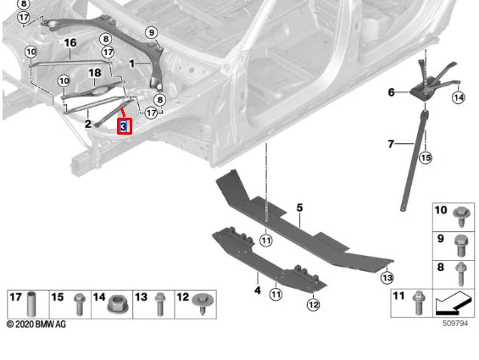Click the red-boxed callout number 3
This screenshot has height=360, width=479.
pos(125,126)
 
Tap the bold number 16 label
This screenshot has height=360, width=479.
pos(70,42)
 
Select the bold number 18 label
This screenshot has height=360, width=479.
pos(95,73)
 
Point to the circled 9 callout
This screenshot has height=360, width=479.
pos(152,32)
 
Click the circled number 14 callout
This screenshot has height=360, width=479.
pos(458,97)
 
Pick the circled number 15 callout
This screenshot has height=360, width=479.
pos(426,158)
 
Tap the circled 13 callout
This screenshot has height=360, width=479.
pos(387,278)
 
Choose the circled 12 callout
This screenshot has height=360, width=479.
pos(314,304)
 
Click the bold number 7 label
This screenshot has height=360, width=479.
pos(391,143)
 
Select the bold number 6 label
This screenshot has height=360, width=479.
pos(392,92)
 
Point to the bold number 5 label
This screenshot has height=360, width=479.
pos(299,208)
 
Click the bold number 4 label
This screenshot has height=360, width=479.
pos(258,290)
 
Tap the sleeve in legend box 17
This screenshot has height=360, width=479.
pos(31,304)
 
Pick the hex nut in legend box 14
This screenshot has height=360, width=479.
pos(115,304)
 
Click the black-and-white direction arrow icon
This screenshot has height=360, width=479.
pos(453,303)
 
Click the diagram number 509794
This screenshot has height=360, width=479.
pos(455,323)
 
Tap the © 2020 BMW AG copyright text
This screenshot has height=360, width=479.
pos(36,324)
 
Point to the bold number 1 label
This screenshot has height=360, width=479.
pos(131,64)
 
